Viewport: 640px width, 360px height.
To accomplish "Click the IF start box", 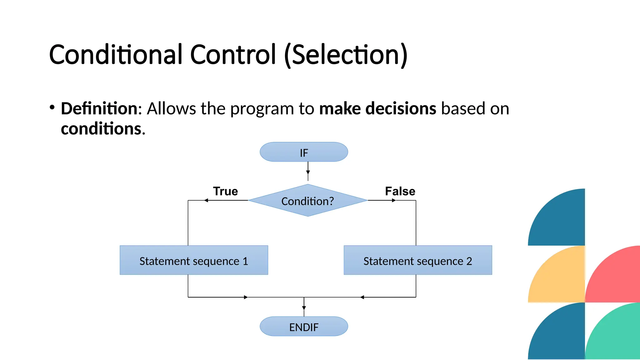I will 304,152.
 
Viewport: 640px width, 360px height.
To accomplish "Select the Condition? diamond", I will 307,201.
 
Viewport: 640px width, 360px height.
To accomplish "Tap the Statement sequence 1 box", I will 194,260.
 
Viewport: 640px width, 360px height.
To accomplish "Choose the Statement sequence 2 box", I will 418,260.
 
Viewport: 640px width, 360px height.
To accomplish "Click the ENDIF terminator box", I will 304,327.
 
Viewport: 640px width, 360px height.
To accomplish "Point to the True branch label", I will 225,191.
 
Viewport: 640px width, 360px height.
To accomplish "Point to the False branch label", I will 400,191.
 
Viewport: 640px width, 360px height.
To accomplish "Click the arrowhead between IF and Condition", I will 308,172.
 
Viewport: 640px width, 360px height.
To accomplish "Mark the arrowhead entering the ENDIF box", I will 304,308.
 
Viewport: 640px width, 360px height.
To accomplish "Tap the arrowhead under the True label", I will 206,200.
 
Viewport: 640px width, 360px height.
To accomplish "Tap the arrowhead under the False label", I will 394,200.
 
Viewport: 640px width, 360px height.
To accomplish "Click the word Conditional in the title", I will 116,55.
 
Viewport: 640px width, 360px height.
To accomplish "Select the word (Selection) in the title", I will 346,55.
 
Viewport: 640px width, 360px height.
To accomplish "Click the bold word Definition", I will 99,108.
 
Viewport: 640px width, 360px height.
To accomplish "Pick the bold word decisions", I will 401,108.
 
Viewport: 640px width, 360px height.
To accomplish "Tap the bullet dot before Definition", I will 52,107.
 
